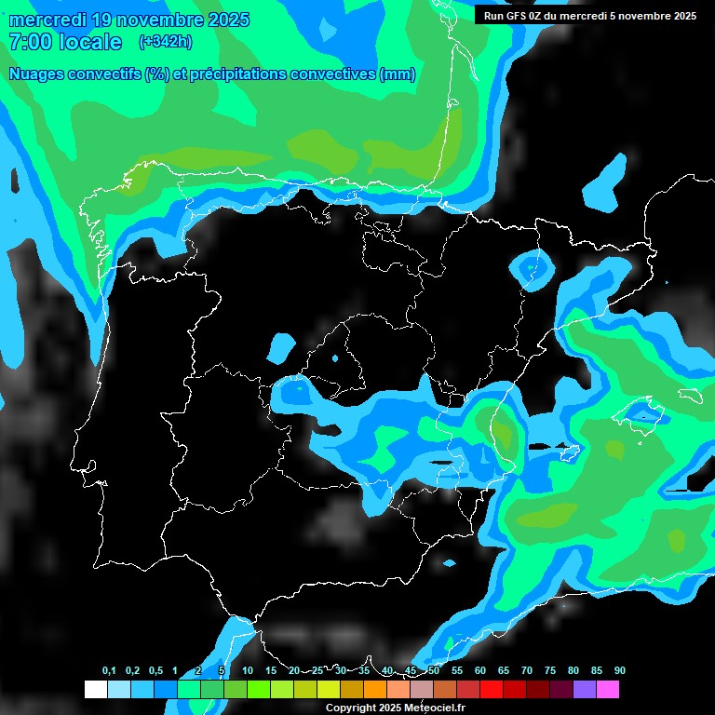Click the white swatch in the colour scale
pos(95,690)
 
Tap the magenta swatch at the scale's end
pos(607,690)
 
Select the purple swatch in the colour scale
pos(584,690)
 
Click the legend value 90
pos(620,671)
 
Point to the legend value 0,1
pos(109,671)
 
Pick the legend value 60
pos(480,671)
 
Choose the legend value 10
pos(248,671)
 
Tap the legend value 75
pos(550,671)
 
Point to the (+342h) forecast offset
pos(167,42)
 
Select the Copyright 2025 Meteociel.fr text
pos(395,708)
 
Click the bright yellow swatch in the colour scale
pos(328,690)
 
